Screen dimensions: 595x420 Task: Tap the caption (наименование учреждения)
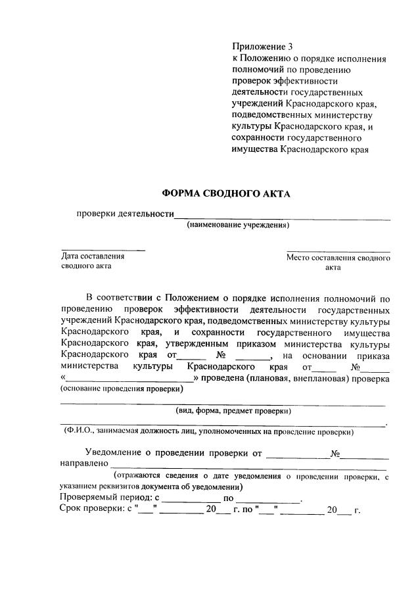pos(238,226)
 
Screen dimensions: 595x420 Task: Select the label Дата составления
pos(93,256)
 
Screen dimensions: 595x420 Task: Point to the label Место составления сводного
pos(338,258)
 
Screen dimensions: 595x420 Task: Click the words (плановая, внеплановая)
pos(289,379)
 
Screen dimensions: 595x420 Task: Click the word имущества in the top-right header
pos(255,149)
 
